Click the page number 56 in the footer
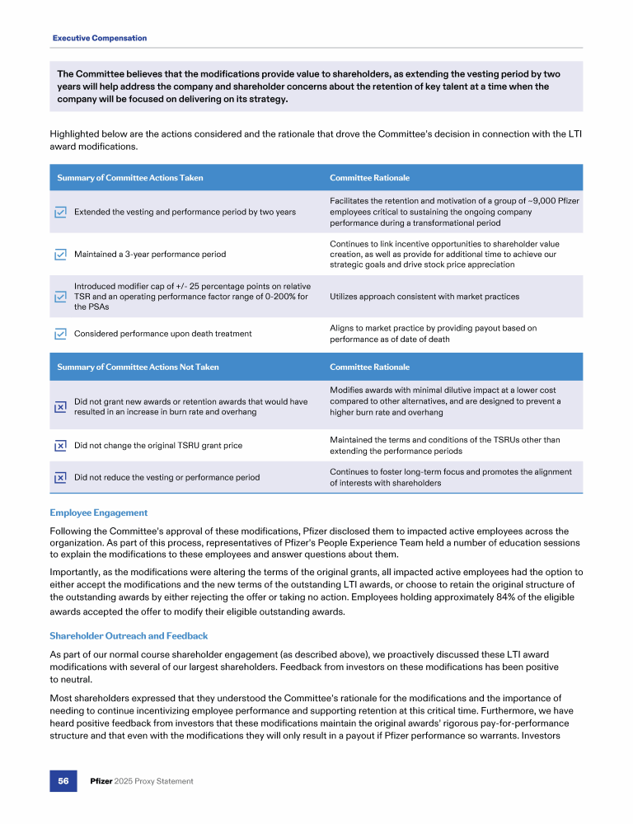tap(63, 780)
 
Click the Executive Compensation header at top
tap(100, 38)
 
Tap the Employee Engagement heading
tap(99, 513)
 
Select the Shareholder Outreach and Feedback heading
tap(129, 636)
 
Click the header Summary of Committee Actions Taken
tap(130, 178)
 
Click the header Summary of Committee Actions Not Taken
tap(138, 367)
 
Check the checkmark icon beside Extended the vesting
tap(60, 212)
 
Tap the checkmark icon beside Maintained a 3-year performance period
tap(60, 254)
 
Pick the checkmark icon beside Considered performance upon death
tap(60, 334)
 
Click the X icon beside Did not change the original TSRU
tap(60, 445)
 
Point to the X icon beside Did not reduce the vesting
tap(60, 477)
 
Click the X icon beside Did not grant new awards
tap(60, 406)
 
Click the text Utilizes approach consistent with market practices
tap(424, 296)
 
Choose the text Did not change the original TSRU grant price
tap(158, 445)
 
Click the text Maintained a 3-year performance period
tap(150, 254)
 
